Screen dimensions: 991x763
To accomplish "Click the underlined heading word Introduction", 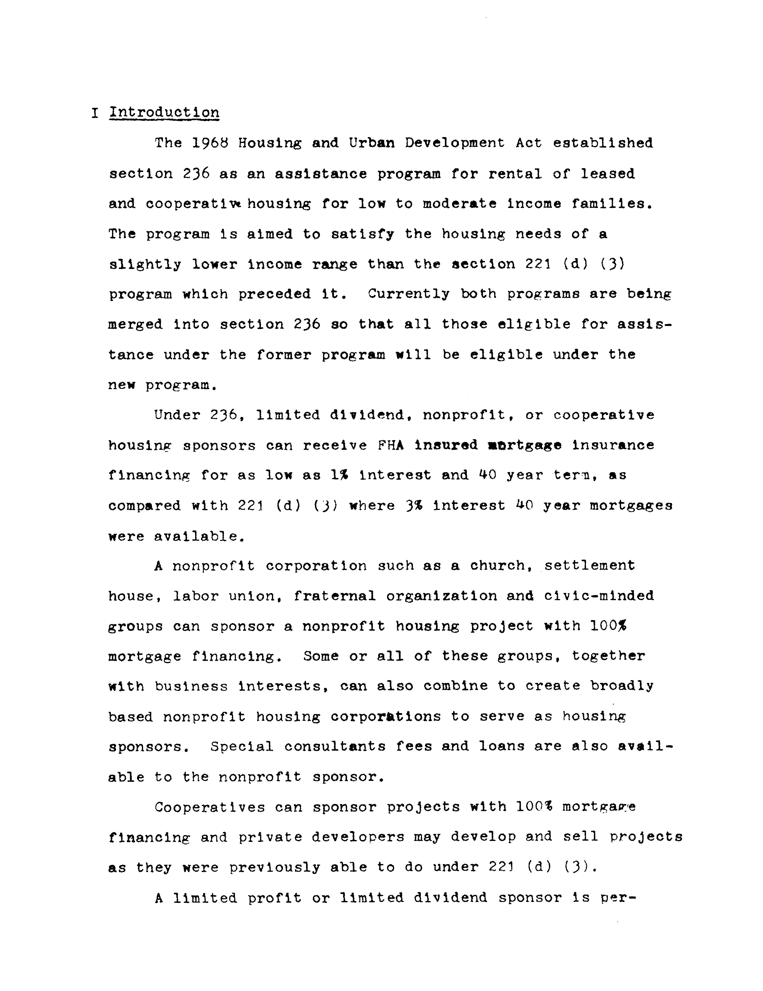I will [164, 112].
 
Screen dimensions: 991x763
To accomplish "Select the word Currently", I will [408, 294].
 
